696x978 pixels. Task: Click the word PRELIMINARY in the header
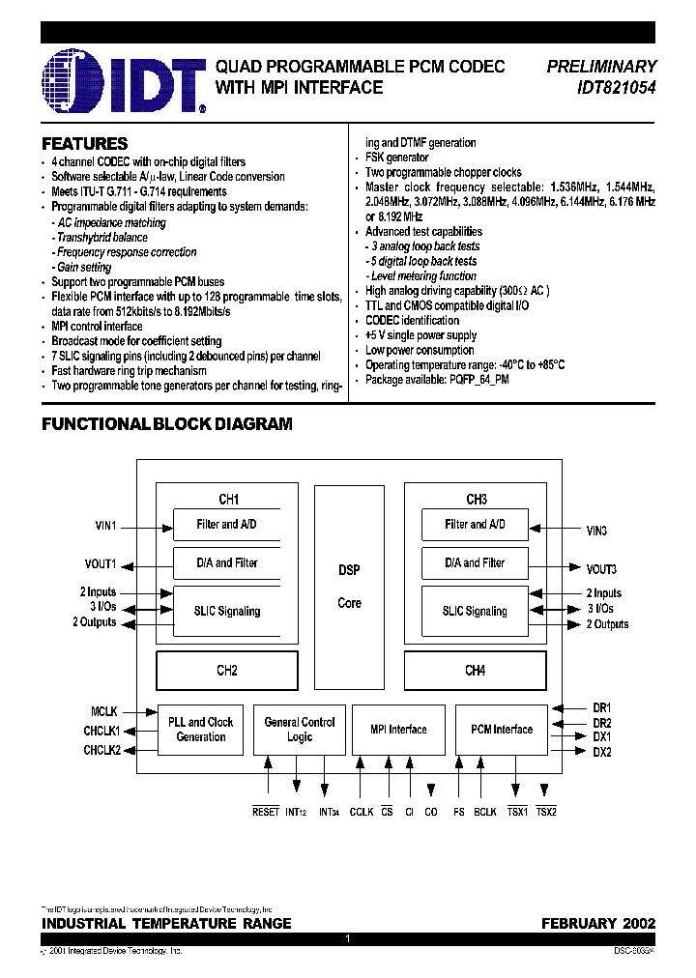601,67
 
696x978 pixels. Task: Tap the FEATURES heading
85,143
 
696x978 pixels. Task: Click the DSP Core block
349,586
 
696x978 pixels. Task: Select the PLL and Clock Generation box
201,730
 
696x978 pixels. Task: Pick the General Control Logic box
300,730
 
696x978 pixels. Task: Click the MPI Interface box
398,730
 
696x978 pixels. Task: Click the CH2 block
227,671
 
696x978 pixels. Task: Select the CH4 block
475,671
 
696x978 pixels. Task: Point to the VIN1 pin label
105,526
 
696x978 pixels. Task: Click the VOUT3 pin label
601,569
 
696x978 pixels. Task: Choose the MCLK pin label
105,713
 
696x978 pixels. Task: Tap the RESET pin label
266,812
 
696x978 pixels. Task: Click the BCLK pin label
485,812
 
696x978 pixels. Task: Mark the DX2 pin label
602,752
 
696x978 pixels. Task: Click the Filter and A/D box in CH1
226,525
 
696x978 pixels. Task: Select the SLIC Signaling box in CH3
475,611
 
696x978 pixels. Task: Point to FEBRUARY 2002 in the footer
598,924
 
